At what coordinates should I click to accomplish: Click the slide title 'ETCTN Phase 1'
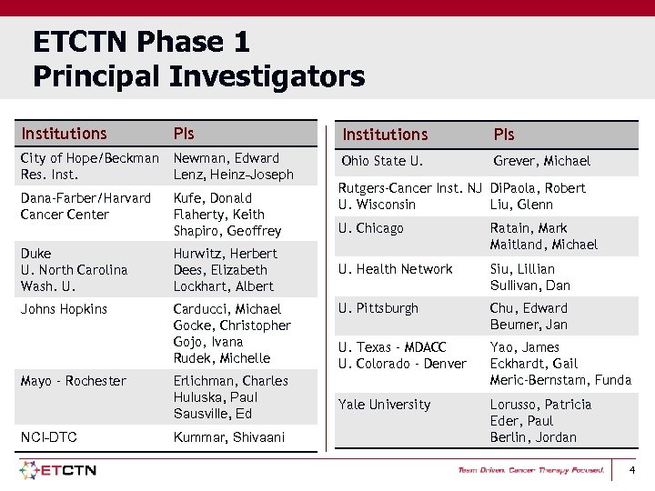141,42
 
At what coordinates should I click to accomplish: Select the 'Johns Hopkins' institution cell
64,309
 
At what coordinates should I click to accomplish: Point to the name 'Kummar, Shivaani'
228,437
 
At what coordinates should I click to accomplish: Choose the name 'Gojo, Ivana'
208,342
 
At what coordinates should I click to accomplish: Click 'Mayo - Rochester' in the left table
73,381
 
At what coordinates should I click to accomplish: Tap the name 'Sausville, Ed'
213,414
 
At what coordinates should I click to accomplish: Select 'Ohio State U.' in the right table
382,161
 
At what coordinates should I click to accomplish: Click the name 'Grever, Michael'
541,161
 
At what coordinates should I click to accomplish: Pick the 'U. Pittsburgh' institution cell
378,308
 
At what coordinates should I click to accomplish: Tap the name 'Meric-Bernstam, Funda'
560,380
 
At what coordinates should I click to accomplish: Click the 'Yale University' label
384,405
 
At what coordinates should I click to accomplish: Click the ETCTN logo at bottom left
58,470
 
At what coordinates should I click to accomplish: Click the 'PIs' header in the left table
184,134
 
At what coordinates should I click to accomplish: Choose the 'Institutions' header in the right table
385,135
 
